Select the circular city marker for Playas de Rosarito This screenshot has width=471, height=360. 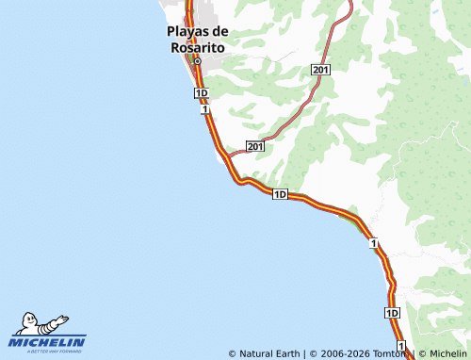pos(198,61)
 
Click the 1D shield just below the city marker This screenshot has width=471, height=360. pos(201,93)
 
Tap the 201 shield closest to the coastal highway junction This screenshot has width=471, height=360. pos(255,146)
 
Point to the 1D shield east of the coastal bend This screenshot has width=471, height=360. pos(280,194)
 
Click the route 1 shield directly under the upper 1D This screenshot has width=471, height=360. pos(203,109)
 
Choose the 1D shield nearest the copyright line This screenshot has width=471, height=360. pos(393,312)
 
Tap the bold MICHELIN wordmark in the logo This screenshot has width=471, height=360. pos(48,342)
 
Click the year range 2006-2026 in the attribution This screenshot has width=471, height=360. pos(345,354)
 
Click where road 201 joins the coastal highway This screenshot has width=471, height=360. pos(227,156)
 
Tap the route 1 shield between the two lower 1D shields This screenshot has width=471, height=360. pos(374,244)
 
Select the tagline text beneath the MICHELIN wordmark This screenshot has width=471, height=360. pos(48,352)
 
